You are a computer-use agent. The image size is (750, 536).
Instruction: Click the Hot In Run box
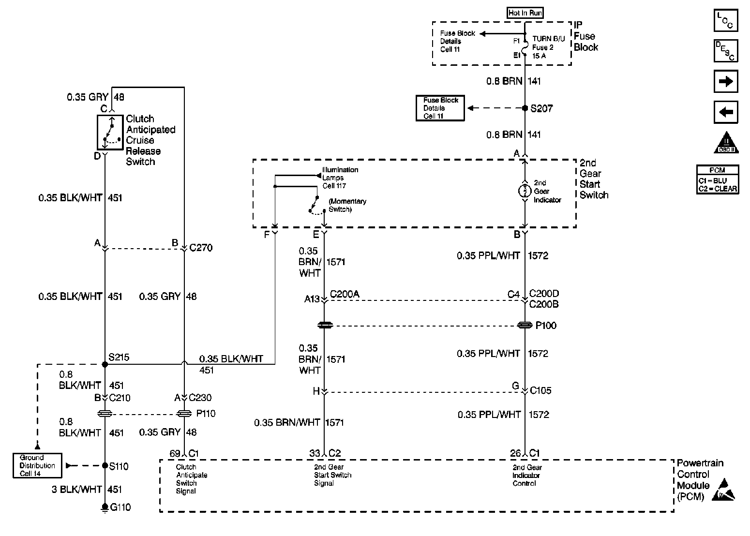coord(525,13)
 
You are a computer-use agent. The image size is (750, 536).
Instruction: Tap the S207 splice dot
coord(525,108)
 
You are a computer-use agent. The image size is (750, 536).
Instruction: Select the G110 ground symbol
coord(105,507)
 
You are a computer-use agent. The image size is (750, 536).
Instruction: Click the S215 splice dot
coord(105,364)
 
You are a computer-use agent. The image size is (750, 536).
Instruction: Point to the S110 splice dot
coord(105,466)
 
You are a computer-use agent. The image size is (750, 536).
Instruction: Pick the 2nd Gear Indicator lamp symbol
coord(525,191)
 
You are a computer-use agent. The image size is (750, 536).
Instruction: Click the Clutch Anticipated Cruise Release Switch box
coord(110,133)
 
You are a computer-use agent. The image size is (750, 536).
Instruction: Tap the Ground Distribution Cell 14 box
coord(37,465)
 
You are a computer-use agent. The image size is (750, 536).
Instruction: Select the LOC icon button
coord(726,21)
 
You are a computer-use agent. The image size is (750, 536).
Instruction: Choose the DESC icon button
coord(726,51)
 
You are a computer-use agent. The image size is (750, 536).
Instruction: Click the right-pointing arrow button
coord(726,81)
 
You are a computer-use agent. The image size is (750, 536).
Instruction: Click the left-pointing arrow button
coord(726,112)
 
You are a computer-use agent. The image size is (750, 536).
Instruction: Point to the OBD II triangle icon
coord(726,143)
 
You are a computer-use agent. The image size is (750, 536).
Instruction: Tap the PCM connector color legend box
coord(718,179)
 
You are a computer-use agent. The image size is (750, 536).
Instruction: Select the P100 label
coord(546,326)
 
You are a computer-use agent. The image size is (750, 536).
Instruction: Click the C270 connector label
coord(201,248)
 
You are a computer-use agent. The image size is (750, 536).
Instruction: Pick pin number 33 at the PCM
coord(315,453)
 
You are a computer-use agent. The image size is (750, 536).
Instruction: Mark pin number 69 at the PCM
coord(175,453)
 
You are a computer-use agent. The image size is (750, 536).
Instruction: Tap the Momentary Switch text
coord(347,205)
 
